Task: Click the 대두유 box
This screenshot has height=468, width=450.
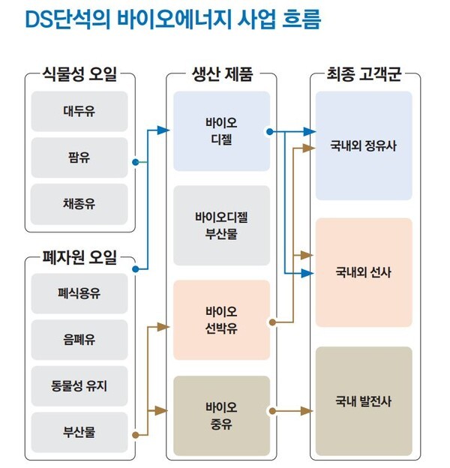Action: (x=79, y=112)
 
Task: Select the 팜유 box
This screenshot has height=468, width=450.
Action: (x=79, y=157)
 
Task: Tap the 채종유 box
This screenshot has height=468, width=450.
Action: (x=79, y=203)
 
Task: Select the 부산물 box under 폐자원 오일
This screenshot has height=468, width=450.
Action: (x=79, y=433)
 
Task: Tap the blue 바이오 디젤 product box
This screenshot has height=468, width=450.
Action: (x=221, y=130)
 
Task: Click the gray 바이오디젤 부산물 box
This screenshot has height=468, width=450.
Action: (x=221, y=225)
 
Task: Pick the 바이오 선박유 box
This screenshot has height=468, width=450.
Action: (x=221, y=320)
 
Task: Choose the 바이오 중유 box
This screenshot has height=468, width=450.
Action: (x=221, y=415)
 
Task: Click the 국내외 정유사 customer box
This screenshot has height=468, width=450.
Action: (x=364, y=146)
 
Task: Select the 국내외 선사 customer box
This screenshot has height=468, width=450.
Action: (x=364, y=272)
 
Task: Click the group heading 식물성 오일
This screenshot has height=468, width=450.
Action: (x=80, y=75)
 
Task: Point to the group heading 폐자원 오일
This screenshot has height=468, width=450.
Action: (x=80, y=259)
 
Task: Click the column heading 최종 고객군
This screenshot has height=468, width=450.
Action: (x=364, y=75)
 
